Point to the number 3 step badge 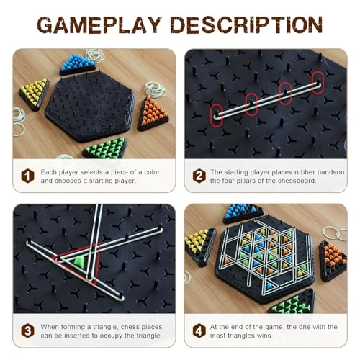(28, 330)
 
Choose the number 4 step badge (199, 330)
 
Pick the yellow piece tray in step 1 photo (34, 93)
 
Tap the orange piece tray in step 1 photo (153, 112)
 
